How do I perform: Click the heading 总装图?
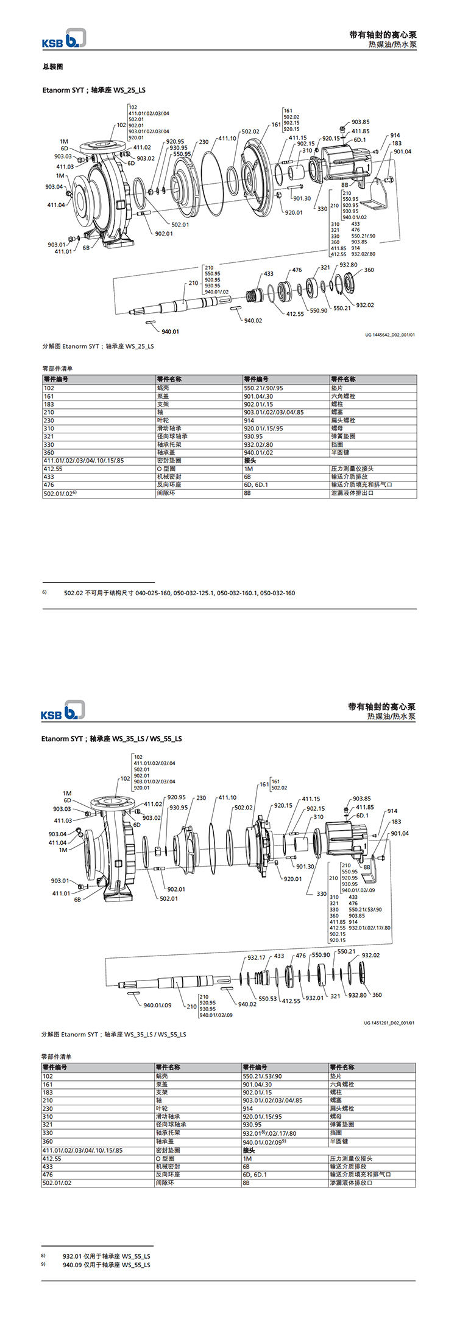pyautogui.click(x=52, y=67)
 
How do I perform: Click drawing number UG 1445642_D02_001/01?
pyautogui.click(x=390, y=334)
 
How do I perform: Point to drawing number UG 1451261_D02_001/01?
pyautogui.click(x=389, y=1023)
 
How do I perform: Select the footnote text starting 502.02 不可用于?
pyautogui.click(x=179, y=593)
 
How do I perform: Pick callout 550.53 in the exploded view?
pyautogui.click(x=267, y=999)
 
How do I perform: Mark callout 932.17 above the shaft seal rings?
pyautogui.click(x=257, y=957)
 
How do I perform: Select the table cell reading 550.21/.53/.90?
pyautogui.click(x=263, y=1076)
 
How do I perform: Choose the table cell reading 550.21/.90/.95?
pyautogui.click(x=263, y=388)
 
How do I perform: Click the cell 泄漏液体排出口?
pyautogui.click(x=352, y=492)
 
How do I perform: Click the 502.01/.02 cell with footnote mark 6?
pyautogui.click(x=60, y=493)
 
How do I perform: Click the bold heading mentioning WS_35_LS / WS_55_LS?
pyautogui.click(x=112, y=739)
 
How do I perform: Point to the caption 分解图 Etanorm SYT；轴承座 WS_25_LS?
pyautogui.click(x=98, y=346)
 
